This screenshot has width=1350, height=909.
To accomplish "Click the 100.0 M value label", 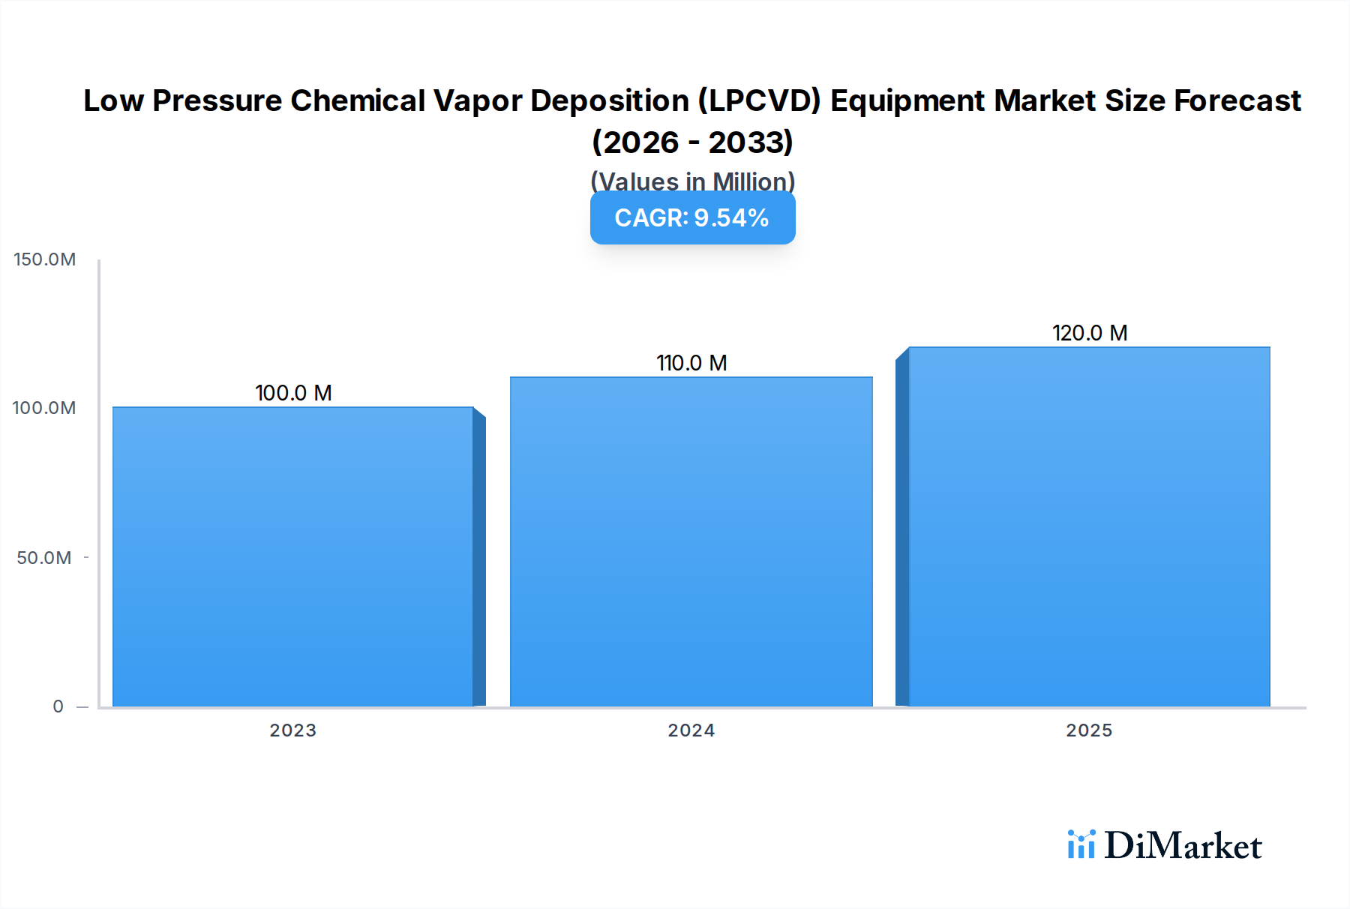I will (x=293, y=393).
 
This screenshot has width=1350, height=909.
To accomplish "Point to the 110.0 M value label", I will (x=691, y=363).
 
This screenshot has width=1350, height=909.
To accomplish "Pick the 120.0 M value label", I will (x=1090, y=333).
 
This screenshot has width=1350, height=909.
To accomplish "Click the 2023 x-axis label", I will (x=293, y=730).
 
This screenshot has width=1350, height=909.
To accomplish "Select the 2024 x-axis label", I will (x=691, y=730).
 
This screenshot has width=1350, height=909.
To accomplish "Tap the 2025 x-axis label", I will (x=1090, y=730).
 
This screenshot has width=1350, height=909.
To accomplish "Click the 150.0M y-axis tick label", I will (x=45, y=259).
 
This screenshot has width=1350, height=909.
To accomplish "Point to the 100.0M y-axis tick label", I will (x=44, y=408).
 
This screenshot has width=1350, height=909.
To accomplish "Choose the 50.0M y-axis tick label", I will (x=44, y=558).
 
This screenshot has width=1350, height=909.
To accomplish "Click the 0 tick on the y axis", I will (x=58, y=706).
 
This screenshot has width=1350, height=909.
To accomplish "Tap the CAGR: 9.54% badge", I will (x=692, y=217).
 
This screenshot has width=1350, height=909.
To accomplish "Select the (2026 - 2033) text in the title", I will (x=692, y=142).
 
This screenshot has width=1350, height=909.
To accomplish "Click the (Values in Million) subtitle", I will (x=692, y=181).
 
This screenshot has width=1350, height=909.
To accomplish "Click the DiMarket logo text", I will (x=1183, y=846).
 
